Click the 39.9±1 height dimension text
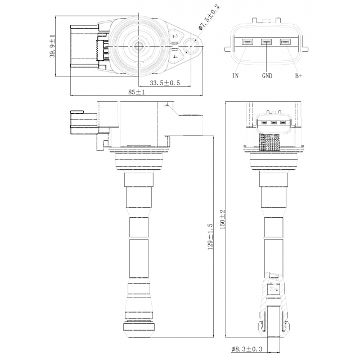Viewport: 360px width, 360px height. click(x=52, y=46)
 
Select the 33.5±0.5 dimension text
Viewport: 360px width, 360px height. click(x=165, y=83)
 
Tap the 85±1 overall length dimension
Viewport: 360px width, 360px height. click(x=137, y=92)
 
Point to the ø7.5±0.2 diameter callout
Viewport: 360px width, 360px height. click(x=209, y=17)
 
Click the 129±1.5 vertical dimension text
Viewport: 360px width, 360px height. click(x=210, y=236)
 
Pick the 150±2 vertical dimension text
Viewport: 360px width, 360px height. click(x=223, y=219)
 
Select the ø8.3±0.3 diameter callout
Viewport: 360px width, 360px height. click(x=246, y=349)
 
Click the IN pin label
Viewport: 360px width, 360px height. click(x=235, y=75)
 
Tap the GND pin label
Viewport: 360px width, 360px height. click(x=267, y=75)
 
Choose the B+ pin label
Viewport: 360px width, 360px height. click(x=298, y=75)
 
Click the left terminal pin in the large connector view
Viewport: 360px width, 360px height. click(x=247, y=42)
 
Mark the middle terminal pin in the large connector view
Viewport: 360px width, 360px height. click(x=266, y=42)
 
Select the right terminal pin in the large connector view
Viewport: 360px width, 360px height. click(x=285, y=42)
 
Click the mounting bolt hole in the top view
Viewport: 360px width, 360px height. click(x=191, y=46)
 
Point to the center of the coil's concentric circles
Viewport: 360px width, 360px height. click(x=139, y=46)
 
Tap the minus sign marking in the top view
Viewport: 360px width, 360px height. click(x=175, y=36)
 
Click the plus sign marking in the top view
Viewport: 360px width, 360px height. click(x=175, y=56)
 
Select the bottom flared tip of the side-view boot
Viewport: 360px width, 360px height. click(x=139, y=330)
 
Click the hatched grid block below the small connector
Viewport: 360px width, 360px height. click(x=270, y=142)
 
